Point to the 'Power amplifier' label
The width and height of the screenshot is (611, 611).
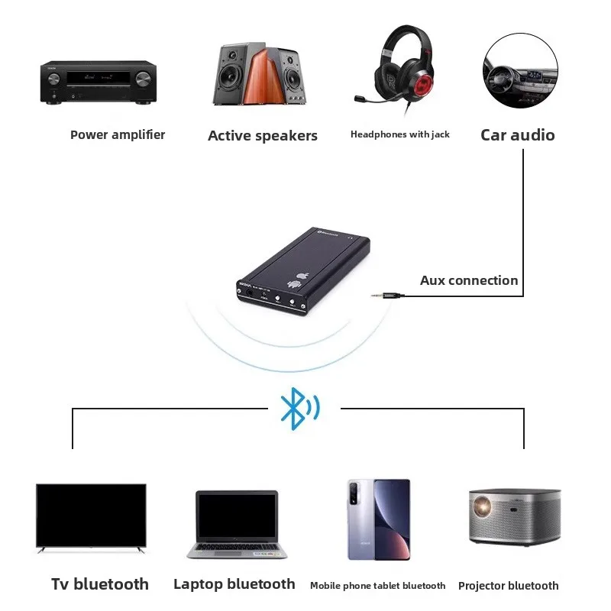tap(118, 135)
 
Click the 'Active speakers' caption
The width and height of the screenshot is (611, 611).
tap(262, 136)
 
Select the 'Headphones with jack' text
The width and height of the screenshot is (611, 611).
tap(399, 134)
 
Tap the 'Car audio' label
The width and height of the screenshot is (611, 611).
tap(517, 135)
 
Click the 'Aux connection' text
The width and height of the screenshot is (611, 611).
tap(469, 280)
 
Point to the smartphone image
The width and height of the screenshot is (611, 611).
tap(378, 519)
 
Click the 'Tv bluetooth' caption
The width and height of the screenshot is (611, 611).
tap(100, 584)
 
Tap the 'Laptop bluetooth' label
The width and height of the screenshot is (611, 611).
tap(234, 584)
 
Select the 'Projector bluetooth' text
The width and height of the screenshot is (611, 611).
tap(508, 586)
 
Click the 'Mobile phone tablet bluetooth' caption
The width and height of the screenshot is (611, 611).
tap(377, 586)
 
